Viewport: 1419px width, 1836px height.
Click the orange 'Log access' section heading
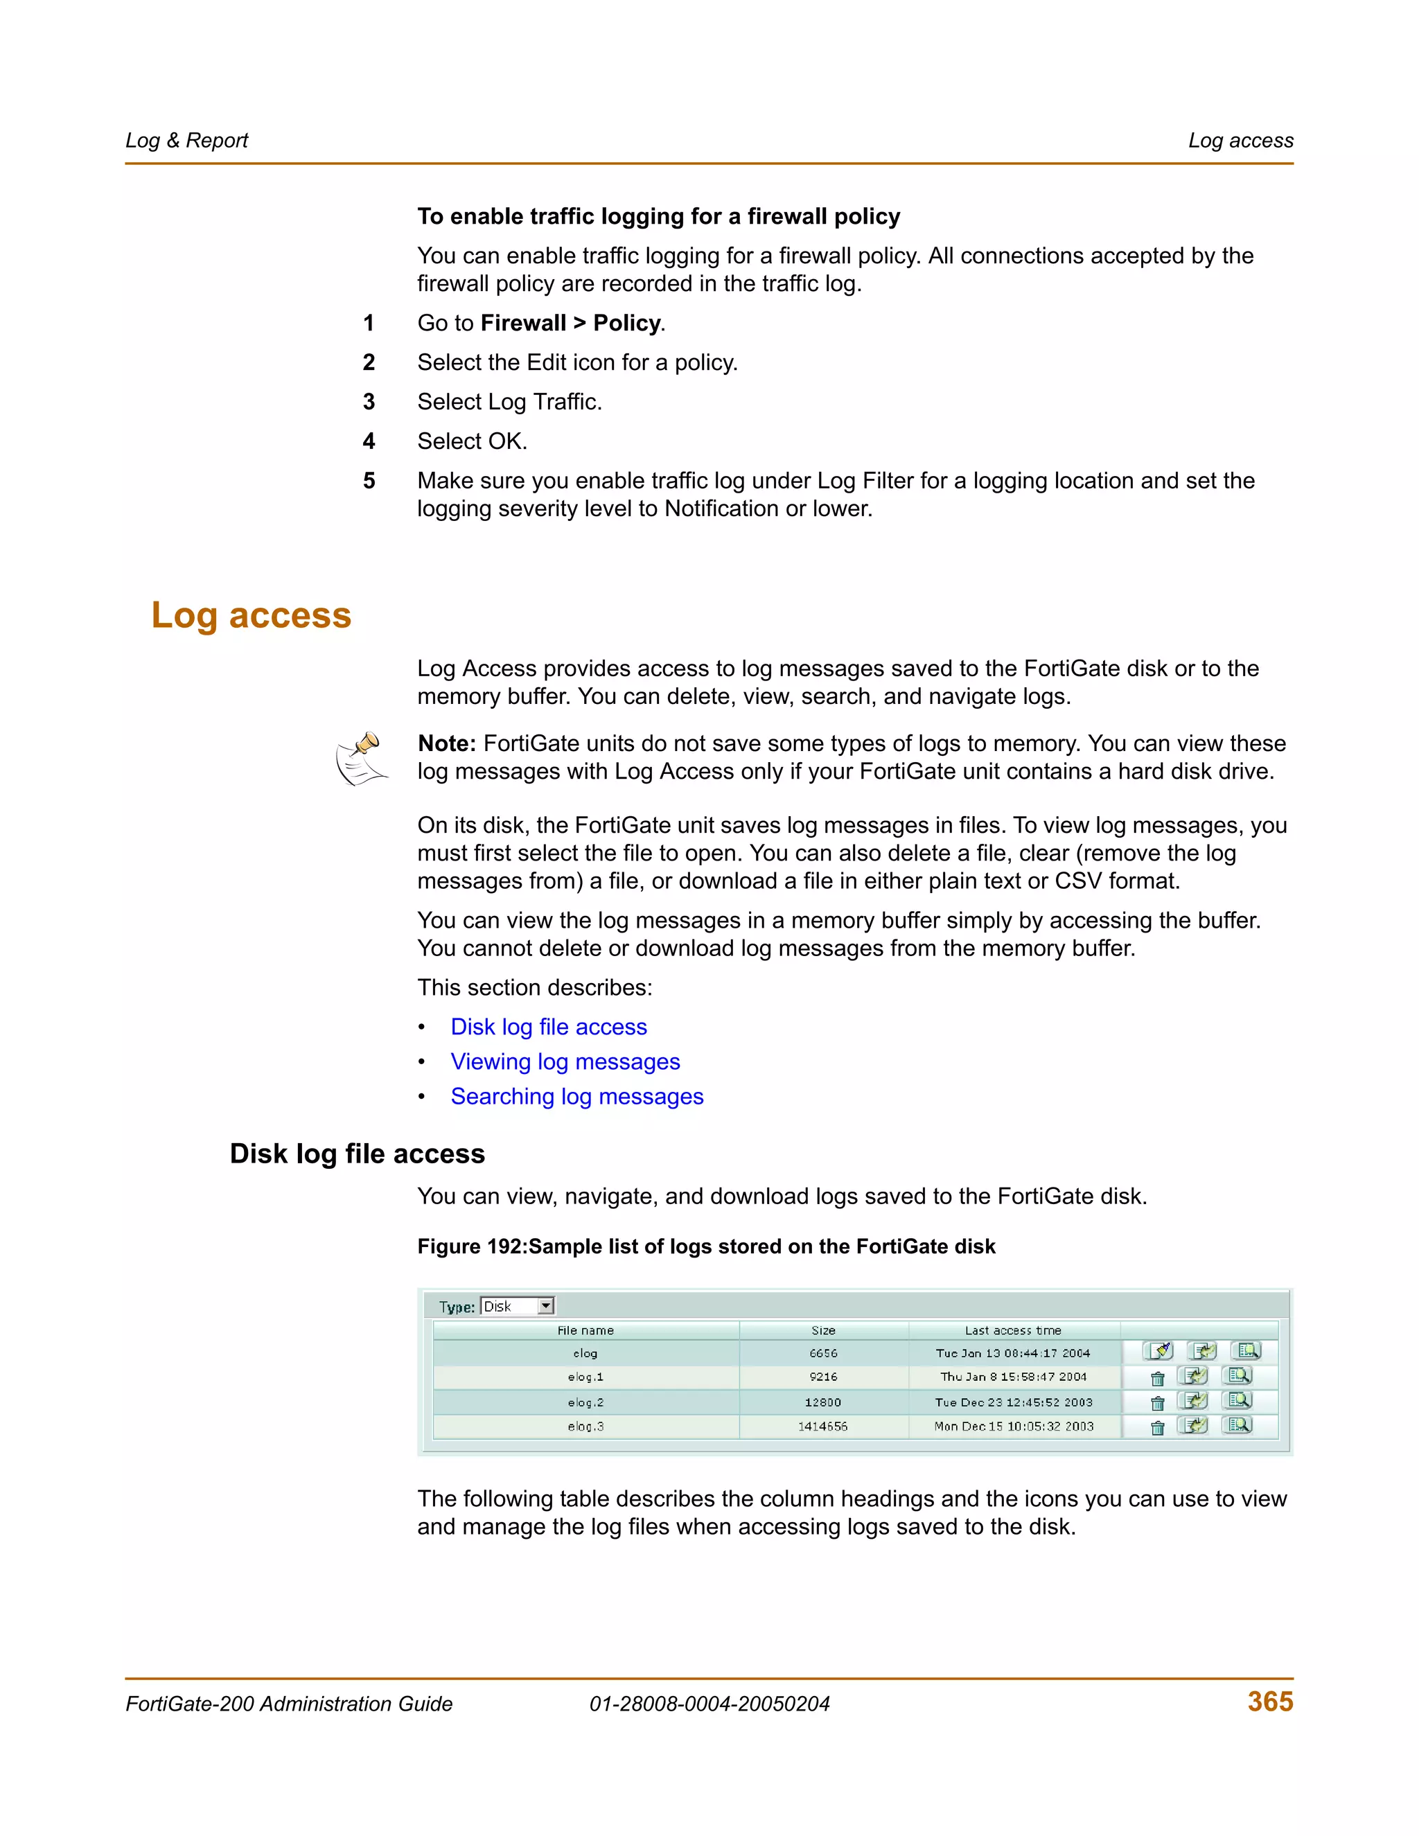(x=251, y=615)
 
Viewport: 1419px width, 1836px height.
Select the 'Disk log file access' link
(x=548, y=1027)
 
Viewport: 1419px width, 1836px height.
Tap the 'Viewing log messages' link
(x=565, y=1061)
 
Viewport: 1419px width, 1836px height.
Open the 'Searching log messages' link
(x=576, y=1096)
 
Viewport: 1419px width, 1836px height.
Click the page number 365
(x=1269, y=1702)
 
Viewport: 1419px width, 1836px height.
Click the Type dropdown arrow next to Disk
(x=545, y=1305)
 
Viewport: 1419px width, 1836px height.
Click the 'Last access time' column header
(x=1012, y=1330)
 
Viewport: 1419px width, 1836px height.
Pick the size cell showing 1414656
(x=822, y=1427)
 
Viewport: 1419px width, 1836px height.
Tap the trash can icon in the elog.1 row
(x=1158, y=1379)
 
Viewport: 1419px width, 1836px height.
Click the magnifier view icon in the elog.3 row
(x=1239, y=1425)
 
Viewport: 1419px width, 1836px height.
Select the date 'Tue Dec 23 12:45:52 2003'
(x=1013, y=1402)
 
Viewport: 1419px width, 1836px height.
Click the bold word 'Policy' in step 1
(x=626, y=323)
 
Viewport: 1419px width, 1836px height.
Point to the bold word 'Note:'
(x=446, y=743)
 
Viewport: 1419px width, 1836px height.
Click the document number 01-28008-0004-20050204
(x=709, y=1704)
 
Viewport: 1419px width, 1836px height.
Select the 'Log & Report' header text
(x=186, y=141)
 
